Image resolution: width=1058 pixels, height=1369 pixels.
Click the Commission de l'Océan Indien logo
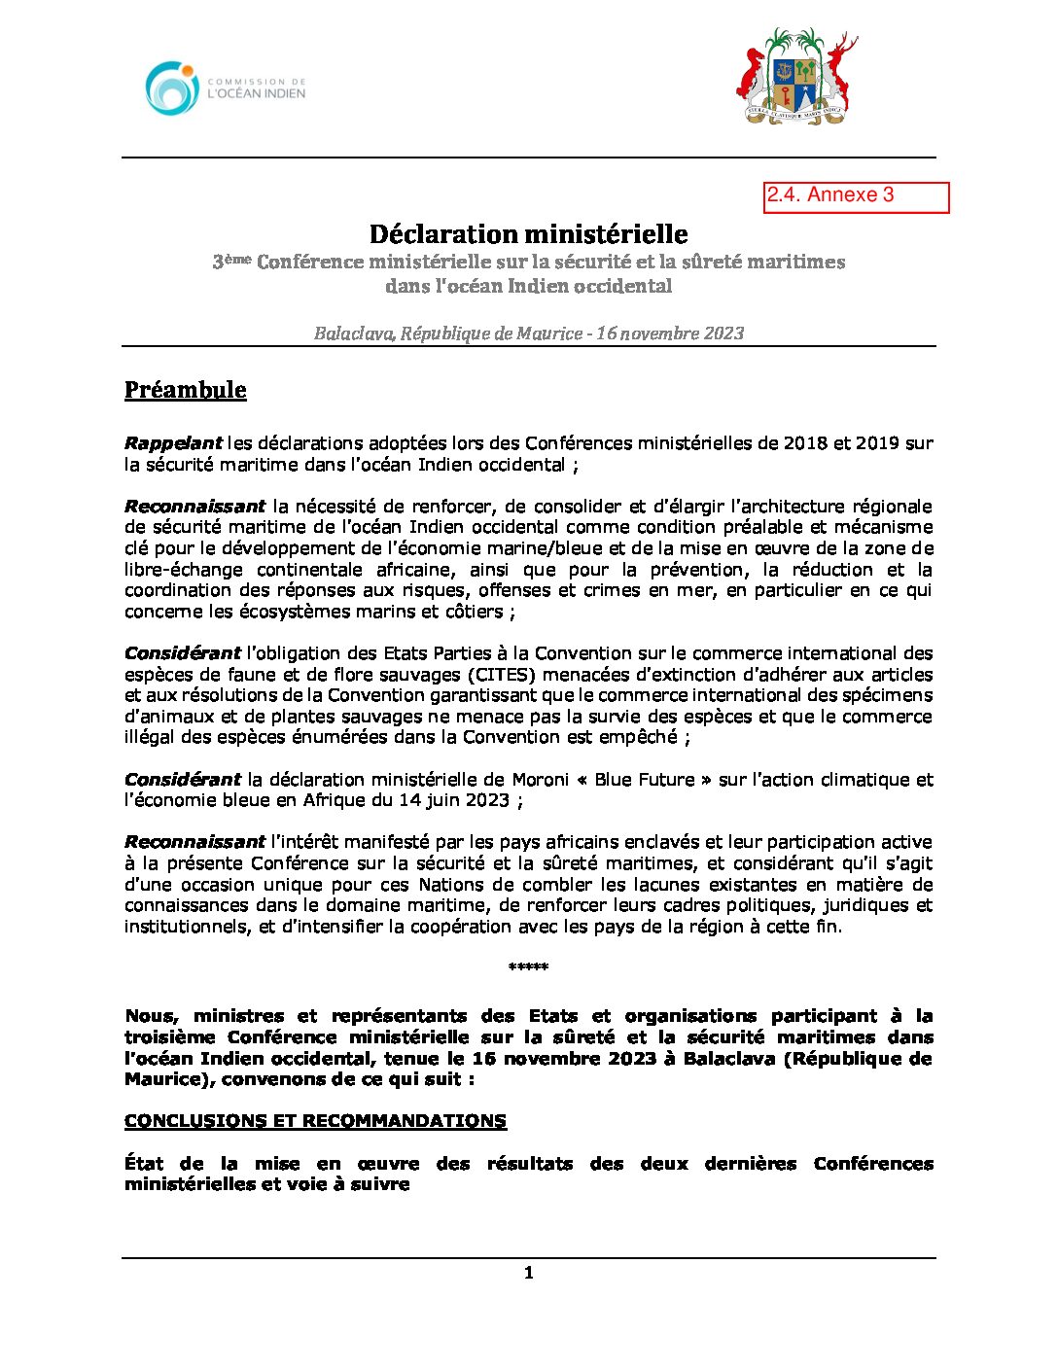coord(226,88)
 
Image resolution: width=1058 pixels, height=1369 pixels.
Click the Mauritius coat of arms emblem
coord(796,77)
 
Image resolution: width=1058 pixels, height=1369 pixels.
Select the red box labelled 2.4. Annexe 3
coord(856,196)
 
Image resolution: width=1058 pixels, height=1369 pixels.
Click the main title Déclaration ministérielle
coord(528,234)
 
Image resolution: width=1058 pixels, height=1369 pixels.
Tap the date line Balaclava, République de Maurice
coord(528,333)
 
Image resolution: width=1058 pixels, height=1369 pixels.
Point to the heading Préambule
coord(185,390)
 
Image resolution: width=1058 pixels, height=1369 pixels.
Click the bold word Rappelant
coord(173,443)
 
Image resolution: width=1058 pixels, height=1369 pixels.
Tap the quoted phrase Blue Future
coord(645,780)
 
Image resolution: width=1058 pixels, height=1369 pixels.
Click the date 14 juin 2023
coord(454,801)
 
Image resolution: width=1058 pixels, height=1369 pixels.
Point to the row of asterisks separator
coord(528,967)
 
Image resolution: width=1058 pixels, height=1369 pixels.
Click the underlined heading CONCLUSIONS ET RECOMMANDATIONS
coord(315,1121)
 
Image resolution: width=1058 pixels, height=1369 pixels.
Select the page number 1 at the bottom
coord(528,1273)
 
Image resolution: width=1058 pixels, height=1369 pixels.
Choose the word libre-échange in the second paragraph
coord(181,570)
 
